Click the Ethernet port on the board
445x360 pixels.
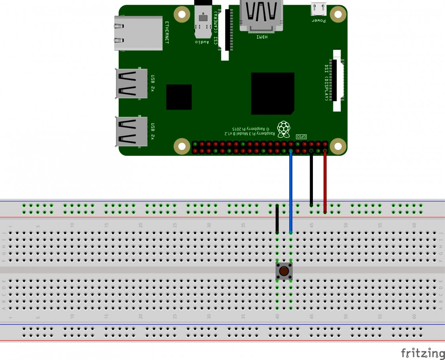coord(138,33)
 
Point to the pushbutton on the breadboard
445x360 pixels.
coord(284,271)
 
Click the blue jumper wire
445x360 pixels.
coord(291,190)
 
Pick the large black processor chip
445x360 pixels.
coord(273,93)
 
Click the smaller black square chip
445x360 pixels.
coord(179,97)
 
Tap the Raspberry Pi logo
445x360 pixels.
coord(283,129)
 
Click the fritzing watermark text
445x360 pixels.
coord(422,353)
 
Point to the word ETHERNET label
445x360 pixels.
coord(167,32)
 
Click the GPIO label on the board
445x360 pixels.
coord(301,136)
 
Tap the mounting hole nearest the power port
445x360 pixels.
coord(338,15)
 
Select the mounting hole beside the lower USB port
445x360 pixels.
coord(182,146)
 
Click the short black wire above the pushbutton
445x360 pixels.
coord(277,219)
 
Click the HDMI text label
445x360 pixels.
coord(262,37)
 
